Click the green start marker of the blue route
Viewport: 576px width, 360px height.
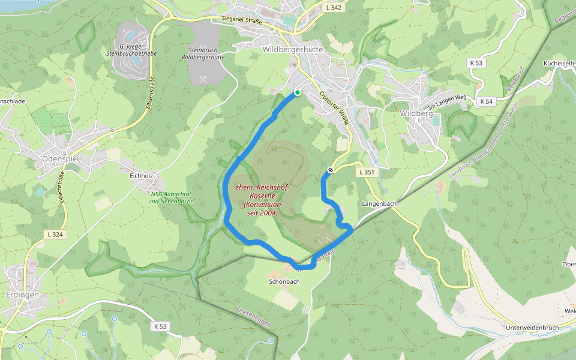coord(297,92)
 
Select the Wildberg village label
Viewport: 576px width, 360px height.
coord(416,113)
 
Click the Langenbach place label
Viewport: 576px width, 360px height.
coord(380,204)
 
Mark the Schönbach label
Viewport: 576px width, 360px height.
coord(284,281)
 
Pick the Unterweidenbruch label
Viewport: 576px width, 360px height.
coord(532,327)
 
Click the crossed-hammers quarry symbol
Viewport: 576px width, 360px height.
coord(203,78)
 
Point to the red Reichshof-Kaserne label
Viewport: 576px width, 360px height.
coord(263,200)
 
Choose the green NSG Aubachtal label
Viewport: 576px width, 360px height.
coord(171,197)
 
